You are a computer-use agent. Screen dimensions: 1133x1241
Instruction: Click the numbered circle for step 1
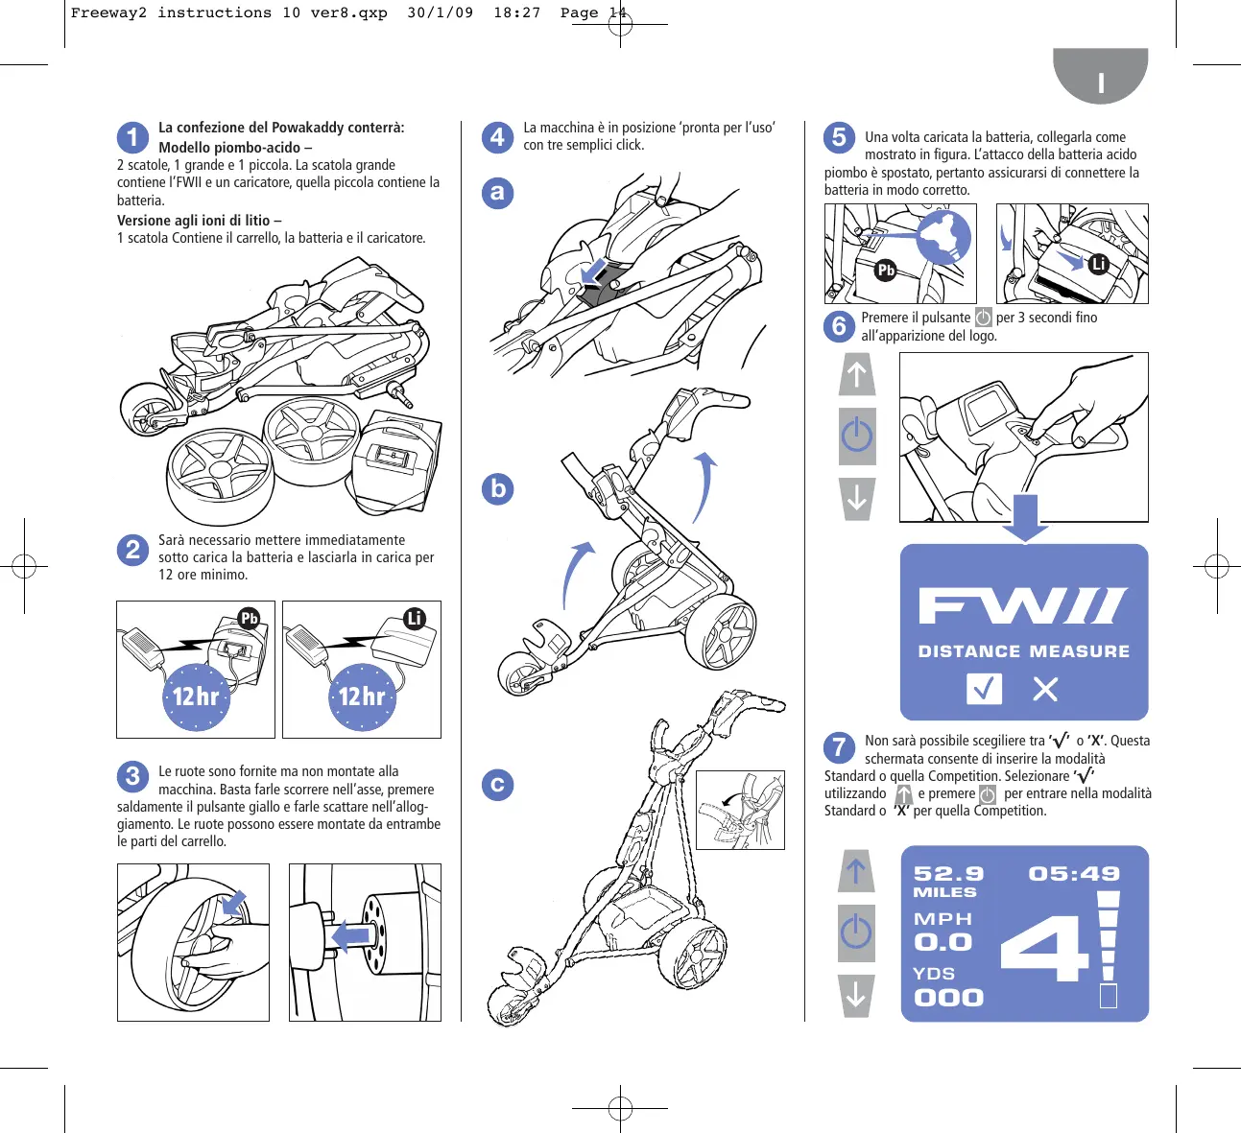(x=133, y=137)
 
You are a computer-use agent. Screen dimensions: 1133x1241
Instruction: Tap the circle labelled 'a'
(x=497, y=193)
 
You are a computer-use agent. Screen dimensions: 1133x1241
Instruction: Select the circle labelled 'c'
(x=497, y=785)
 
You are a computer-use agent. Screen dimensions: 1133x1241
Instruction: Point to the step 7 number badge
(x=839, y=746)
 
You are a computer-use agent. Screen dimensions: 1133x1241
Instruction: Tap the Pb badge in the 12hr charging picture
(x=250, y=618)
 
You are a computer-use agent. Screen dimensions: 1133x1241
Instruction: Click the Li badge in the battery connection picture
(x=1099, y=264)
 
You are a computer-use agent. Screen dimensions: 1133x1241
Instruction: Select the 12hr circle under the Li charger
(x=362, y=696)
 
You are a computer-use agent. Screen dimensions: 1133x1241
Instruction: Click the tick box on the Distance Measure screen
(x=984, y=688)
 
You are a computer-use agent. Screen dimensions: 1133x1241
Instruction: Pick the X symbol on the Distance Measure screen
(x=1045, y=689)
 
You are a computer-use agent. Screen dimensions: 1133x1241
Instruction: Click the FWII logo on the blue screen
(x=1023, y=606)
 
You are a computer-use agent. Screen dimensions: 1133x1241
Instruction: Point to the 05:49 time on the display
(x=1074, y=874)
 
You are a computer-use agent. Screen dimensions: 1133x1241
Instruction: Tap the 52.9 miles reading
(x=948, y=874)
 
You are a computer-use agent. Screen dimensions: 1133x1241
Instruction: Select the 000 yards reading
(x=948, y=998)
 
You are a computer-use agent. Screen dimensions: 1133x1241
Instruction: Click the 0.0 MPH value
(x=943, y=943)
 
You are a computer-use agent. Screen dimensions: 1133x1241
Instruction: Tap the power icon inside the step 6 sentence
(x=984, y=318)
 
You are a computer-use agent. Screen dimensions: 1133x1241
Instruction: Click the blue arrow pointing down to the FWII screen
(x=1025, y=517)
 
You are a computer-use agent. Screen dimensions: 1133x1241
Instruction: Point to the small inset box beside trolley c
(x=740, y=810)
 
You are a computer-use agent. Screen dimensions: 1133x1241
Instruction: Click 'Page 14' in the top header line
(x=593, y=13)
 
